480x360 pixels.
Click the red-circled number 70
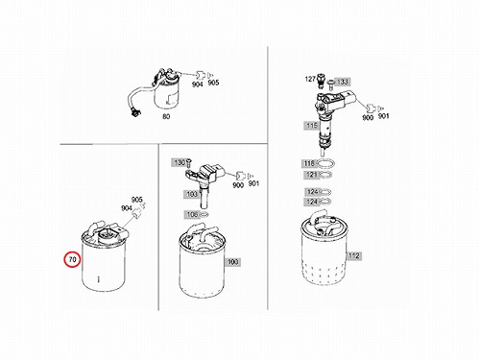(73, 259)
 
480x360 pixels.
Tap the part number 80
(166, 117)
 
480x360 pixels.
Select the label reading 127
(310, 79)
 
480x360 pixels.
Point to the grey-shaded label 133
(342, 82)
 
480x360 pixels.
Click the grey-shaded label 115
(312, 125)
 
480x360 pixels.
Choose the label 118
(309, 163)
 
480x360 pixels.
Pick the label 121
(311, 175)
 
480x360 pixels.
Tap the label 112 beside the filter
(353, 255)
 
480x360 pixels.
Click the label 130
(180, 162)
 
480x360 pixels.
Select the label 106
(192, 214)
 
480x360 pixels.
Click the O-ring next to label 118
(326, 164)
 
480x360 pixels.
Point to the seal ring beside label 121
(325, 175)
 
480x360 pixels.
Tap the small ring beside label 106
(204, 214)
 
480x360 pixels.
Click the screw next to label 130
(188, 163)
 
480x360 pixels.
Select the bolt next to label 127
(321, 82)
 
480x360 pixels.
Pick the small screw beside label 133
(331, 84)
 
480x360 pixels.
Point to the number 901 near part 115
(383, 116)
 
